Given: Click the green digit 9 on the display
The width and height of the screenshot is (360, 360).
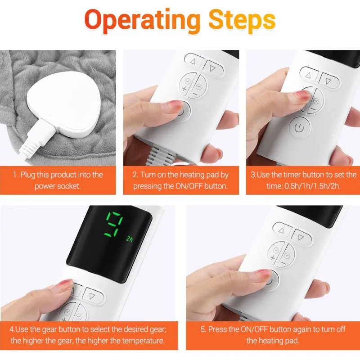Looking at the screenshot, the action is click(114, 225).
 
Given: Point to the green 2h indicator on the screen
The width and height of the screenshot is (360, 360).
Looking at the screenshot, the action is click(130, 239).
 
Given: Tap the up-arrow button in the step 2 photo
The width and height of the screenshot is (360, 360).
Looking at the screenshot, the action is click(193, 61).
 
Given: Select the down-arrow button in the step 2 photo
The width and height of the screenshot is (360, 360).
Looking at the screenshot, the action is click(212, 68).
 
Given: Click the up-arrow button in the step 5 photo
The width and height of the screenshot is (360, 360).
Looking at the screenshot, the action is click(282, 230).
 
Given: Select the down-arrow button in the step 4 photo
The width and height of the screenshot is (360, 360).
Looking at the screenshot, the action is click(92, 296).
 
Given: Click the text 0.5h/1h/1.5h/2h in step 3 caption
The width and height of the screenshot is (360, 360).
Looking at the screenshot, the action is click(312, 186).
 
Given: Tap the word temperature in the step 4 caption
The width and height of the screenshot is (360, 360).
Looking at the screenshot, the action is click(142, 340).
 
